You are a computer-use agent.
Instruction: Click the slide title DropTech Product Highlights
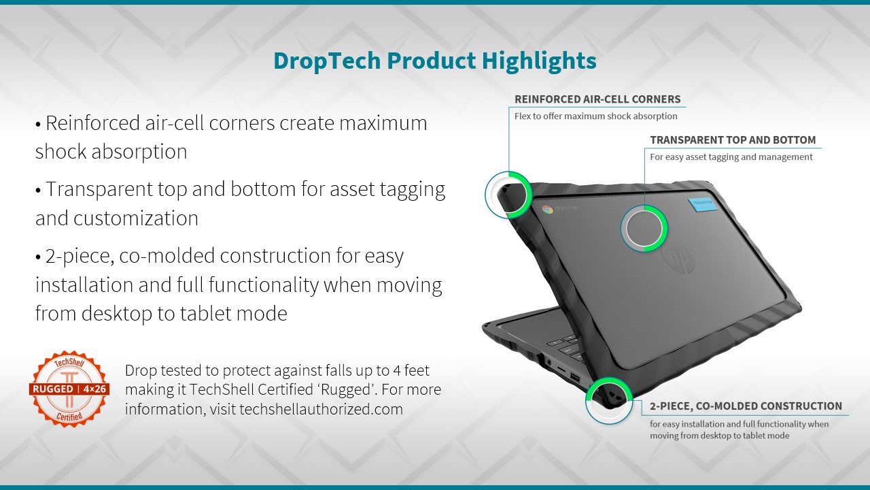click(x=435, y=61)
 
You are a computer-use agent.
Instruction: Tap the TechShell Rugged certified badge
click(x=69, y=389)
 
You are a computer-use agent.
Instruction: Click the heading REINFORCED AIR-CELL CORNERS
click(x=597, y=99)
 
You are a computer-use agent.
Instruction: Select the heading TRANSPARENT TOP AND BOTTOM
click(x=733, y=140)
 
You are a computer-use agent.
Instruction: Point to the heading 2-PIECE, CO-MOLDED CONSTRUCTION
click(x=746, y=406)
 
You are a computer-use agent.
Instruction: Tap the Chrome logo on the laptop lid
click(x=548, y=209)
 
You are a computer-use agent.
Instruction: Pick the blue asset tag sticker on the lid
click(x=701, y=204)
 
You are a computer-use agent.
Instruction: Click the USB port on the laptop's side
click(x=575, y=377)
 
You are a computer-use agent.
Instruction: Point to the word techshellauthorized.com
click(x=321, y=409)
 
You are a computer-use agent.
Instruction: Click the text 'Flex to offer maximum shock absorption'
click(x=596, y=116)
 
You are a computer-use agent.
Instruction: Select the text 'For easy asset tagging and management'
click(x=731, y=157)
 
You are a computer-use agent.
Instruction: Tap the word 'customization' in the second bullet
click(x=136, y=218)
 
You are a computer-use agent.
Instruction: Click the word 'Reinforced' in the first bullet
click(x=93, y=123)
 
